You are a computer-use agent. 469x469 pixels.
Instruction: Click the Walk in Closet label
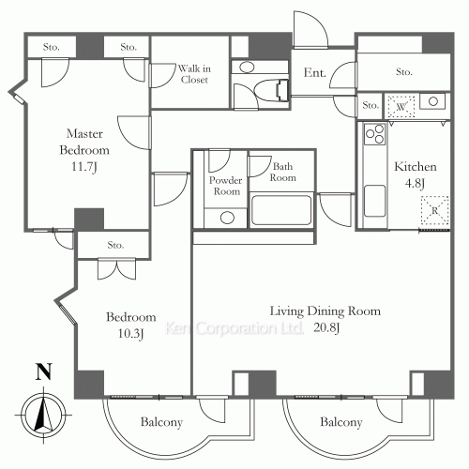coord(194,74)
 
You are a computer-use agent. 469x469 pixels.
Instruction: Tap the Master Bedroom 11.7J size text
coord(83,166)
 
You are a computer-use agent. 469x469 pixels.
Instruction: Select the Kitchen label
coord(416,166)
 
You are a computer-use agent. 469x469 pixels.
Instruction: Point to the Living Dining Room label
coord(325,311)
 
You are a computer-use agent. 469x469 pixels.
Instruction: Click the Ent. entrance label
coord(314,73)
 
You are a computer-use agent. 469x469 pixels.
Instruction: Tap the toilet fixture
coord(271,90)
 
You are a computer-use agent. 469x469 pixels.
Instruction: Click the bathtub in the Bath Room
coord(281,210)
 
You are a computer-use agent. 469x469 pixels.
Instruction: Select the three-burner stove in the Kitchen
coord(374,133)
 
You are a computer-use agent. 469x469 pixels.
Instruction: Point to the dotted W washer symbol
coord(401,107)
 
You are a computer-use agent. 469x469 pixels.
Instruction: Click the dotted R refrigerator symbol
coord(434,210)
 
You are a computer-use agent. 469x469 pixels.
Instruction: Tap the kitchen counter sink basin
coord(374,201)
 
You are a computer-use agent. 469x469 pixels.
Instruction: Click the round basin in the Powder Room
coord(227,218)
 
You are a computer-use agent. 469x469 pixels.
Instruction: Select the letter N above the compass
coord(43,371)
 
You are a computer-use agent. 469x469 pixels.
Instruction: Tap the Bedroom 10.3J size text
coord(130,334)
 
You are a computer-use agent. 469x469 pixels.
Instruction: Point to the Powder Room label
coord(226,186)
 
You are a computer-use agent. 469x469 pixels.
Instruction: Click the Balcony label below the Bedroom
coord(161,422)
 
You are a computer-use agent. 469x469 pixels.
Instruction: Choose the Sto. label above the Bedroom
coord(115,245)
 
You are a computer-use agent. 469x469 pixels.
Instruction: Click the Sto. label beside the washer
coord(371,105)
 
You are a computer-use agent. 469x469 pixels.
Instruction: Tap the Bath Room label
coord(282,172)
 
